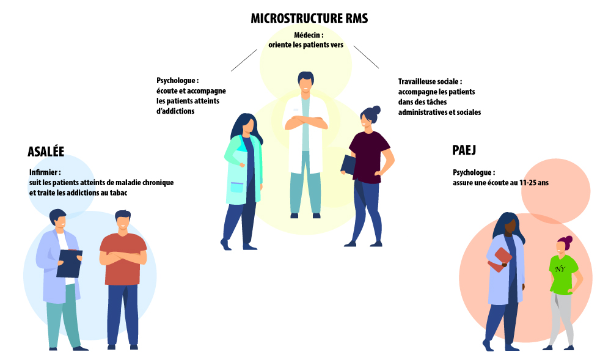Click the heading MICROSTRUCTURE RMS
point(309,18)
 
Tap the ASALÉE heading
point(46,151)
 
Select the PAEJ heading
point(464,150)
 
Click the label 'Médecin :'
point(309,35)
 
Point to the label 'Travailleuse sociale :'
point(430,82)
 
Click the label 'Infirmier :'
point(45,172)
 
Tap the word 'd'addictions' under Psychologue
point(175,111)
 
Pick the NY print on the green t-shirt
point(560,269)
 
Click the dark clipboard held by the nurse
point(69,263)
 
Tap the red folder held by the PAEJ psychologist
point(500,260)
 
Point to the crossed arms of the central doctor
point(306,123)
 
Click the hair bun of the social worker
point(376,109)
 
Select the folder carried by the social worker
point(348,165)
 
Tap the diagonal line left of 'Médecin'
point(244,60)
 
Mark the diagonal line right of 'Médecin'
point(366,57)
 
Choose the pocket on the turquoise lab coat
point(236,187)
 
